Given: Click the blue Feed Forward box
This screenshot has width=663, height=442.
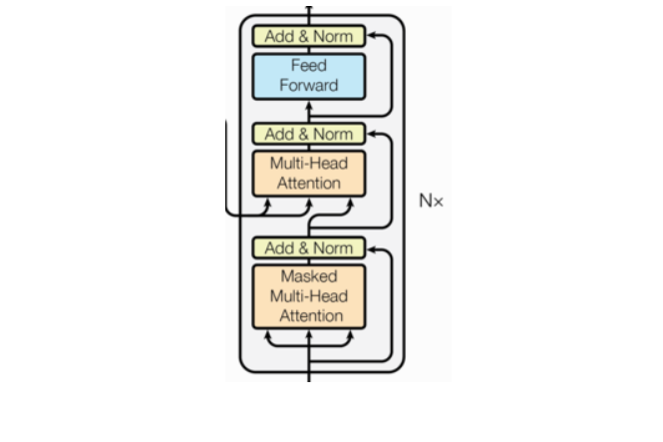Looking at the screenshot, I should point(309,76).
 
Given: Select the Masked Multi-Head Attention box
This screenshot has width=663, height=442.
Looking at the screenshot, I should point(309,296).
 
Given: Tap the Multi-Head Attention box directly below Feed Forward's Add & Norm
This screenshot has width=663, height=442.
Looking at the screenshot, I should point(309,174).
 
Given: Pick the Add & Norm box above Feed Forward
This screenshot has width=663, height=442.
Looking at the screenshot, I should point(309,37).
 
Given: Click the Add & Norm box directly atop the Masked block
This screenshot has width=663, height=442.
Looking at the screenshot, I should point(309,247).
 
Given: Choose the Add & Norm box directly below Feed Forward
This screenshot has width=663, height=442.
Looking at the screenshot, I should point(309,134).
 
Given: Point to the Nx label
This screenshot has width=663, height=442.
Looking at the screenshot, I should point(431,201).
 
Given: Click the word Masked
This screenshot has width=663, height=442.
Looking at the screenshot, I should point(309,276).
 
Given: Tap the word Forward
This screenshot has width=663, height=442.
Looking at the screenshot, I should point(309,86).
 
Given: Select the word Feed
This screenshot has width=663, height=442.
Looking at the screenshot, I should point(309,66).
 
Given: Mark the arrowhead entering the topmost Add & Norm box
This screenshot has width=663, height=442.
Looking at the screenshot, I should point(372,37).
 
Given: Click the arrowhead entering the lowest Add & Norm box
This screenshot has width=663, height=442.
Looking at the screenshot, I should point(372,247).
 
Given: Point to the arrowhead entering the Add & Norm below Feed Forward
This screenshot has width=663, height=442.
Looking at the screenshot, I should point(372,134).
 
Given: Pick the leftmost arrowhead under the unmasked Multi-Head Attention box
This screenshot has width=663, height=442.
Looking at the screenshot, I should point(267,203).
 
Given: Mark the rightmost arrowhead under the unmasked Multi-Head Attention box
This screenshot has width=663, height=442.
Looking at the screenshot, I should point(350,203).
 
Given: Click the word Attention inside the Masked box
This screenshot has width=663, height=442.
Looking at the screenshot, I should point(309,316).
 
